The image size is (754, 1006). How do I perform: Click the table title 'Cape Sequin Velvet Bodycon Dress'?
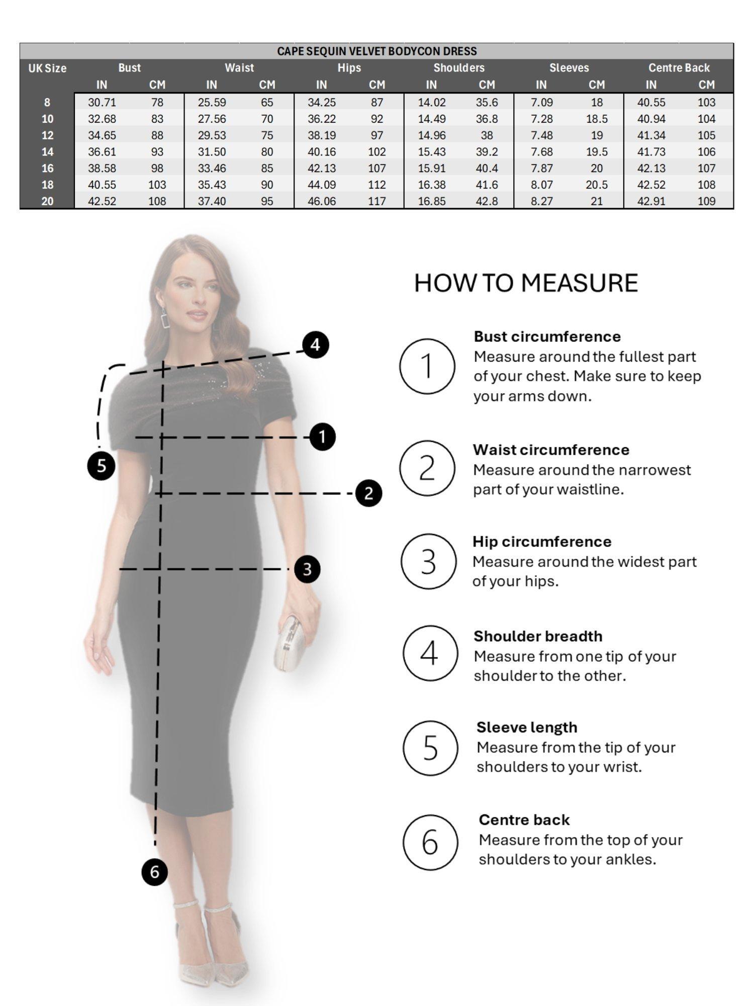point(376,51)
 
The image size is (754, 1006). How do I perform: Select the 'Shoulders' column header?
point(458,68)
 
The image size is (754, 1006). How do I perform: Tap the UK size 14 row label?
point(47,152)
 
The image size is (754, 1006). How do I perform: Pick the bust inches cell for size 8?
point(102,103)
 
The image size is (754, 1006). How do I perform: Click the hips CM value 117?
point(376,201)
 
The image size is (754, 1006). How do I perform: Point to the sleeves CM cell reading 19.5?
point(596,152)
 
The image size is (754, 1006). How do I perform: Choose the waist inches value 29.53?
point(212,135)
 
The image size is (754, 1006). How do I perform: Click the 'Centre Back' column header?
point(679,68)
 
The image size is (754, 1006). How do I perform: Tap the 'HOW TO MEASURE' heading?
point(526,283)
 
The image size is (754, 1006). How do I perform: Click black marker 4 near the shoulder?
point(315,345)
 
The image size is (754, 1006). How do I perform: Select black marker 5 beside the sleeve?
point(101,466)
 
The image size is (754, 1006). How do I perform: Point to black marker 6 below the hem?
point(154,872)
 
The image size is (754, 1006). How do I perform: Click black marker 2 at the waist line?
point(368,493)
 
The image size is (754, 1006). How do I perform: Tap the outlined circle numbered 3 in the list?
point(428,561)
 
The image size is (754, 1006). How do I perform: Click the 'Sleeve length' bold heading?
point(526,727)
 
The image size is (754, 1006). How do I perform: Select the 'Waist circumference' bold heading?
point(550,450)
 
